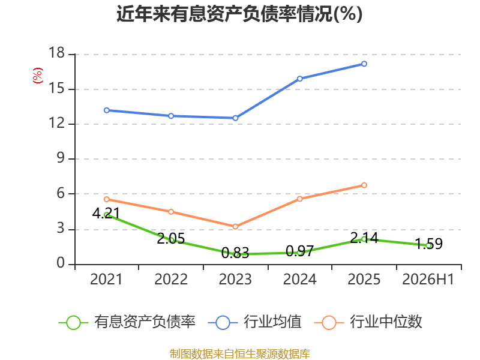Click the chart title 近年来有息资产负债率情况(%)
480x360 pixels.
tap(239, 14)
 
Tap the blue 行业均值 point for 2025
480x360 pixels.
tap(364, 64)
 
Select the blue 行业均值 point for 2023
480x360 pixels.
tap(235, 118)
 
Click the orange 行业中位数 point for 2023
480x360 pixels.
tap(235, 227)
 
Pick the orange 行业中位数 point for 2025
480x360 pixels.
tap(364, 185)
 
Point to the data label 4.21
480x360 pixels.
tap(106, 214)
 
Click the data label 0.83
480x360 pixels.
tap(235, 253)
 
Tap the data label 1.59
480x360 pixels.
tap(429, 244)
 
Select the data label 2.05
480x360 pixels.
tap(171, 238)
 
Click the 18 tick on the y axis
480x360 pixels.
tap(57, 53)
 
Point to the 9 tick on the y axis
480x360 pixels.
tap(61, 158)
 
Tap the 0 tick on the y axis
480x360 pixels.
tap(61, 263)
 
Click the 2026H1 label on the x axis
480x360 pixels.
tap(428, 279)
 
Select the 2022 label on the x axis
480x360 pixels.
tap(171, 279)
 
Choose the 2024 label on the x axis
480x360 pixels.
tap(299, 279)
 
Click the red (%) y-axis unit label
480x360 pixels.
tap(38, 76)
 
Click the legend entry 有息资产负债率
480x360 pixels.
tap(127, 322)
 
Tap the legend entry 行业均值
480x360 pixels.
tap(254, 322)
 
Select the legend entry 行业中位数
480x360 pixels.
tap(368, 322)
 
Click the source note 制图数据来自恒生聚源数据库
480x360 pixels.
tap(240, 354)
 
